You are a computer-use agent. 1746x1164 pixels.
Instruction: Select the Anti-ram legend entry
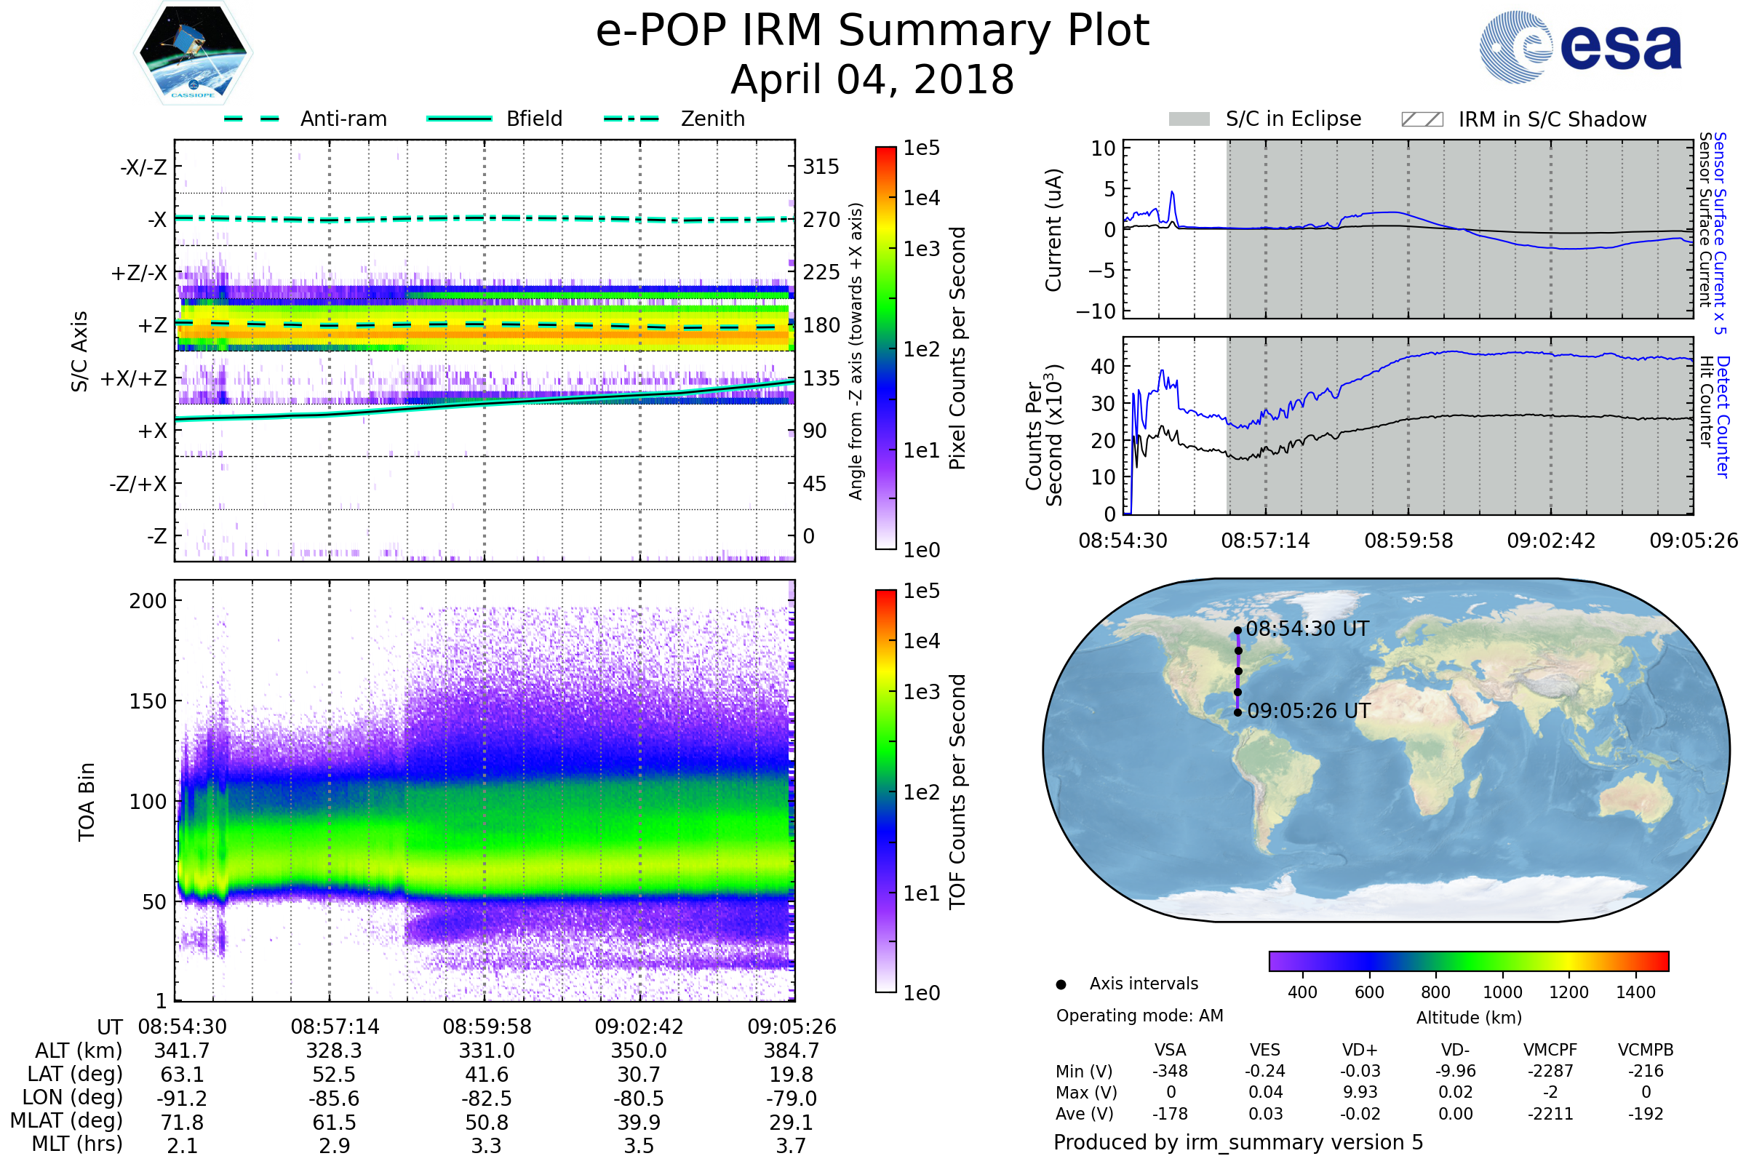(343, 119)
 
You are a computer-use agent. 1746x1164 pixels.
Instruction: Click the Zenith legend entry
(713, 119)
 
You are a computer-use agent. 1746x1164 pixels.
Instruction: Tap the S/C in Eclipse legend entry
(1293, 119)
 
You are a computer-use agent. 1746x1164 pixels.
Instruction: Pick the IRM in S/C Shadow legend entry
(1552, 119)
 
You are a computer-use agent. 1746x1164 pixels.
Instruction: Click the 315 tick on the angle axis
(821, 167)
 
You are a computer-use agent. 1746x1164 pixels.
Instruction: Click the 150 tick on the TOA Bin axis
(148, 701)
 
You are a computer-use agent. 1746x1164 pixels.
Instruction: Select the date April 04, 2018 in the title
(872, 79)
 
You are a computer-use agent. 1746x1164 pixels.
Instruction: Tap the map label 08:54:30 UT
(1307, 629)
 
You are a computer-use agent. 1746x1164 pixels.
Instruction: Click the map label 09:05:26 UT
(1308, 711)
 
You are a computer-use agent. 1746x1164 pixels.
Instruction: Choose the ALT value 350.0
(639, 1051)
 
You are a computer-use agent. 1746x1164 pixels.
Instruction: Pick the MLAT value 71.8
(182, 1122)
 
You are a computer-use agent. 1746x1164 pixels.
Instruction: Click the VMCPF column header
(1550, 1050)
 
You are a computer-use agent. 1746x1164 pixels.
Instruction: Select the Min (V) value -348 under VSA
(1170, 1071)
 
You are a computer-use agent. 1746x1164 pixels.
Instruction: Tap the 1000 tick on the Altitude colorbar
(1502, 992)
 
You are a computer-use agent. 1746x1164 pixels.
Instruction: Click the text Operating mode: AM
(1139, 1016)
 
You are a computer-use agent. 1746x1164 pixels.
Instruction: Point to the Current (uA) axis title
(1053, 230)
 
